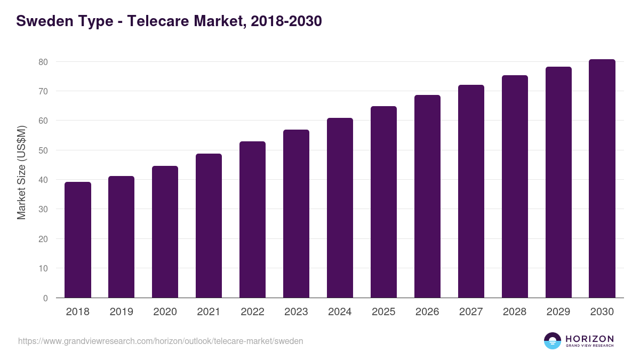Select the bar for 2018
[78, 240]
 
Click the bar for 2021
[209, 226]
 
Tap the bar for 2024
[340, 208]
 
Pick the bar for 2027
[471, 191]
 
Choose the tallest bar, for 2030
[602, 179]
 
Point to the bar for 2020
[165, 232]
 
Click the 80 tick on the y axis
[43, 62]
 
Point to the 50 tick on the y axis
[43, 150]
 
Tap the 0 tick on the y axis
[46, 298]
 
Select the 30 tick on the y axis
[43, 210]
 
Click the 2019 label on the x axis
[122, 312]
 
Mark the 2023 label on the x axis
[296, 312]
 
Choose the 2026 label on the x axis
[427, 312]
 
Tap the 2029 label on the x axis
[558, 312]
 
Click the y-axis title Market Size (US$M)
[21, 172]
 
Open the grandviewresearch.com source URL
[161, 341]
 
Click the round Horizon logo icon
[553, 341]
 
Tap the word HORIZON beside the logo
[589, 338]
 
